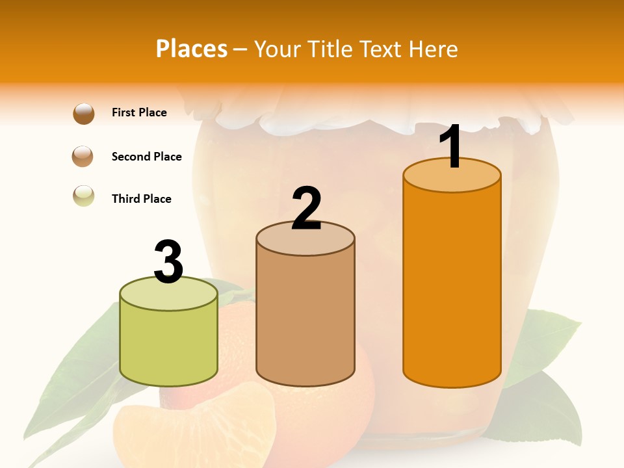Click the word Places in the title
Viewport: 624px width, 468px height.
click(192, 49)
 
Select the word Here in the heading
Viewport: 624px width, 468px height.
click(433, 49)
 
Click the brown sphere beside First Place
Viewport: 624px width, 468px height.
click(83, 113)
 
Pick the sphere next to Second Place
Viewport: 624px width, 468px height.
click(83, 157)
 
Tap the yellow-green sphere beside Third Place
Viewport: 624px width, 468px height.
click(83, 196)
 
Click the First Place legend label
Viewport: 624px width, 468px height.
click(139, 112)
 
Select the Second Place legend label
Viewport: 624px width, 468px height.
click(146, 157)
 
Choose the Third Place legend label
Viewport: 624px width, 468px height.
click(142, 199)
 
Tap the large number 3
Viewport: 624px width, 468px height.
click(168, 262)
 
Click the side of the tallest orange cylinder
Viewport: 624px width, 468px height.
click(452, 286)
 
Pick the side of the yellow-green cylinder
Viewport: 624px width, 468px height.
click(169, 344)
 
